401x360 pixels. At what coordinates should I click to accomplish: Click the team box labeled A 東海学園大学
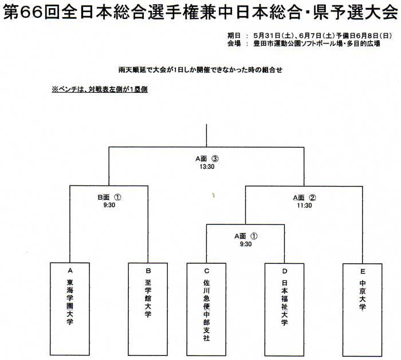70,309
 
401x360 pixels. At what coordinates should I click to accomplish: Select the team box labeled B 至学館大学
148,309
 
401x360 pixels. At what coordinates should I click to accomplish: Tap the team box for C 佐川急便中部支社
206,310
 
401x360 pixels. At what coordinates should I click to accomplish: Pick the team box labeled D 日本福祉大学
284,310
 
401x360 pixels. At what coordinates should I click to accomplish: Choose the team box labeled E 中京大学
363,310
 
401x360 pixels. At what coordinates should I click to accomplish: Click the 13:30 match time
207,167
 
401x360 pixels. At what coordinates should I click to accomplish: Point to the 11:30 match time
304,205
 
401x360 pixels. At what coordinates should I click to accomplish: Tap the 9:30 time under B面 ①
109,205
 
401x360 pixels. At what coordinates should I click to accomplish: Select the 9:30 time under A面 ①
246,244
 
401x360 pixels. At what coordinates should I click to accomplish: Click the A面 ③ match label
207,159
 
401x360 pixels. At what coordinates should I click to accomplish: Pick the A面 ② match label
304,198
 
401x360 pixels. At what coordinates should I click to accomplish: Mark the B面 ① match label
109,197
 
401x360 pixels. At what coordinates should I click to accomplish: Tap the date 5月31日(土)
273,35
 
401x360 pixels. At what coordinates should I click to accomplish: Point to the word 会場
234,43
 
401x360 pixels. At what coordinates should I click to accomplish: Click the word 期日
234,35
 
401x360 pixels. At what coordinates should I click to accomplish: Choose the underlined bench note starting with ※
100,89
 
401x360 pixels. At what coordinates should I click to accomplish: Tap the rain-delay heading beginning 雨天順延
200,70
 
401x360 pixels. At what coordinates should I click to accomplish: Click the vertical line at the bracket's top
206,136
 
